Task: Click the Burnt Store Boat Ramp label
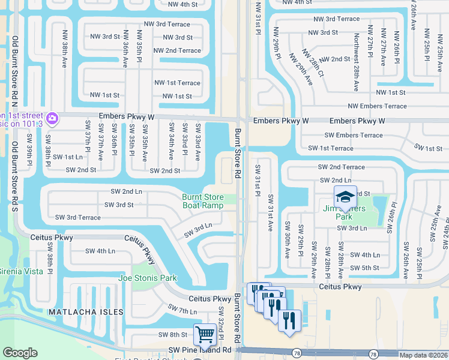point(202,201)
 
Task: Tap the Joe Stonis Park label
point(148,278)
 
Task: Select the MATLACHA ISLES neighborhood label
point(86,313)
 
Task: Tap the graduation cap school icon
point(345,197)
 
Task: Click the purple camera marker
point(52,118)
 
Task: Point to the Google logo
point(20,353)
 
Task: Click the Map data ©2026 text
point(423,355)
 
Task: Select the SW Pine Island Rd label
point(191,349)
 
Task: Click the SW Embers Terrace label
point(353,135)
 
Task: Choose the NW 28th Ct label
point(312,64)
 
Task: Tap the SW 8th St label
point(173,334)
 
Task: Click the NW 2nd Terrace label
point(177,50)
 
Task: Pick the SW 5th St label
point(364,268)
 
